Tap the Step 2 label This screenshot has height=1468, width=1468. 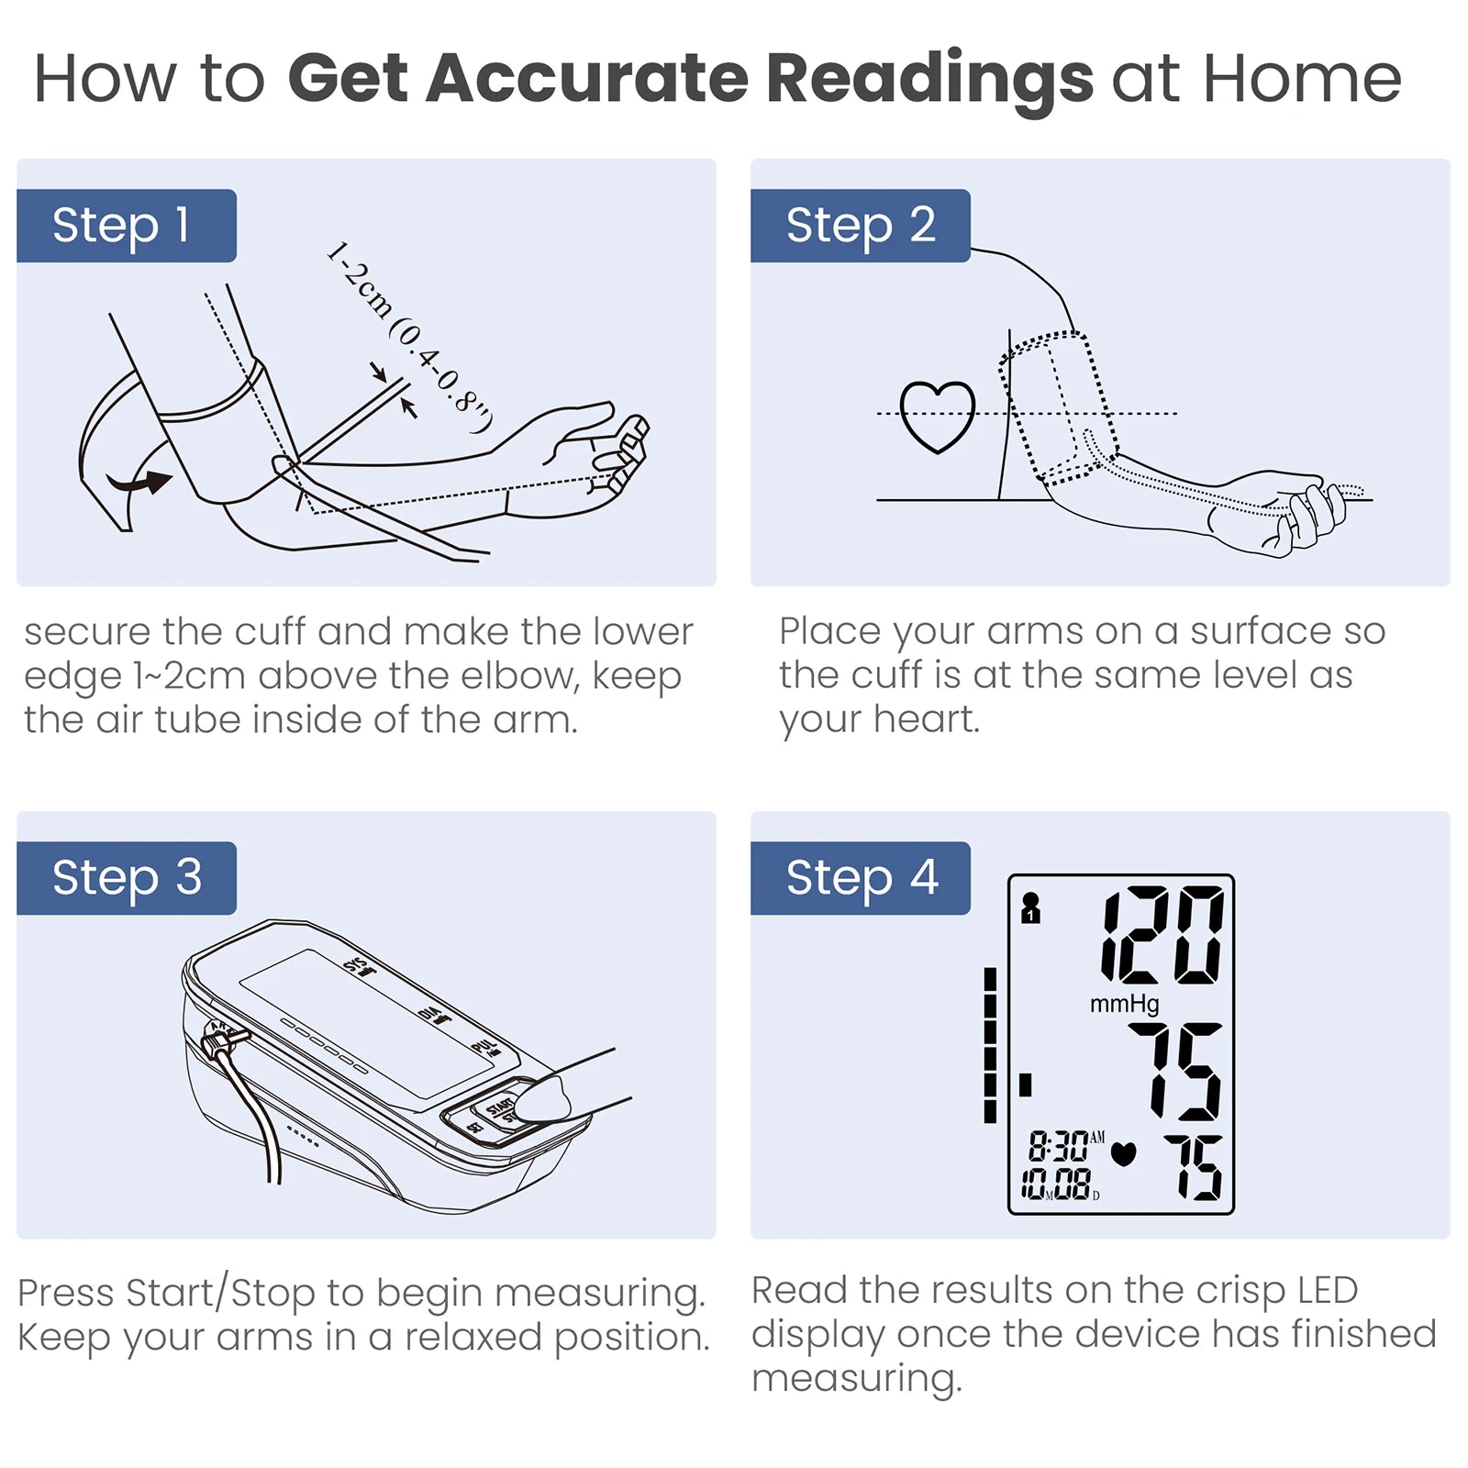[860, 226]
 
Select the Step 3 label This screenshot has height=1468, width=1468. [127, 878]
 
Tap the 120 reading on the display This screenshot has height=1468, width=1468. [1162, 935]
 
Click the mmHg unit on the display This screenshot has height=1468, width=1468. [1124, 1004]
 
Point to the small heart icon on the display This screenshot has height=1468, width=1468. [1123, 1153]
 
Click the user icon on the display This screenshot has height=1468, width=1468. [1030, 908]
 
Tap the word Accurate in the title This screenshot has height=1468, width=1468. [587, 78]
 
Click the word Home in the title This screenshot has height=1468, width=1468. [1302, 79]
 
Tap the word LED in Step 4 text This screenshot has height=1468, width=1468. [1328, 1290]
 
